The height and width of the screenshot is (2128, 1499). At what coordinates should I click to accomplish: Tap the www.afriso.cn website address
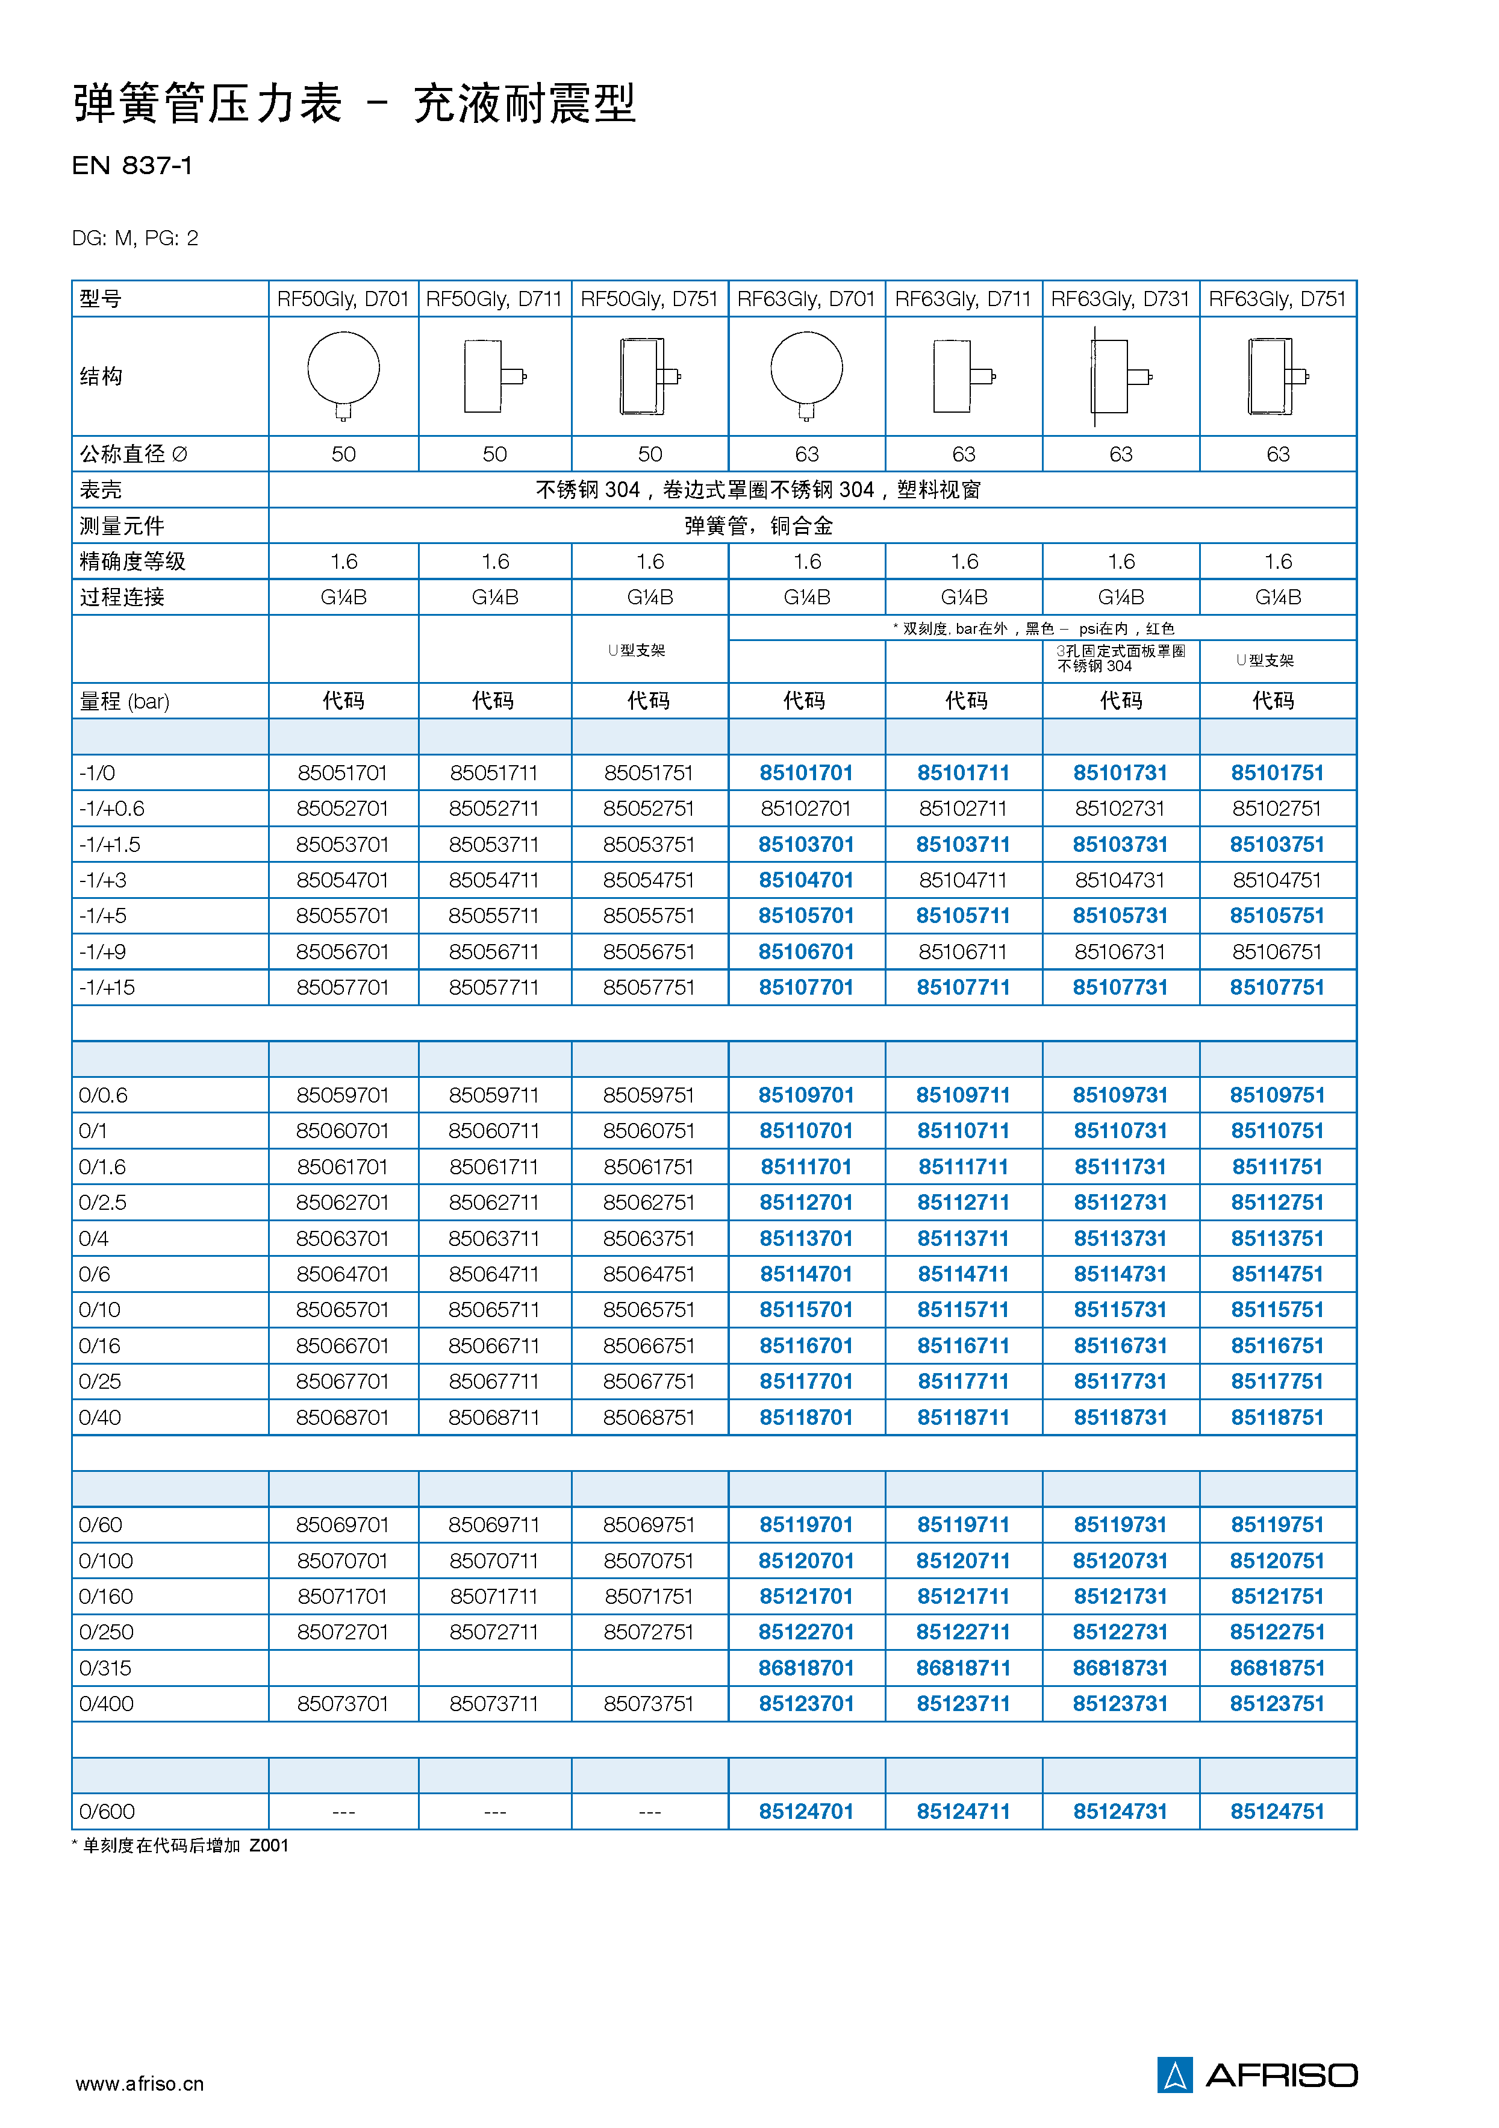140,2085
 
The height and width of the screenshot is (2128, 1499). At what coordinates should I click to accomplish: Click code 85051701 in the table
343,773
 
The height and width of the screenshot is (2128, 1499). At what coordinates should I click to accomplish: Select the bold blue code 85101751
1277,773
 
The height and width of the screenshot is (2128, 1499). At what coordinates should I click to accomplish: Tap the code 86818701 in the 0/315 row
806,1668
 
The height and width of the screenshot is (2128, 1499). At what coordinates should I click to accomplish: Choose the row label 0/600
107,1811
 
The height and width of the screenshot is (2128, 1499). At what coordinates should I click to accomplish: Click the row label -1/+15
107,988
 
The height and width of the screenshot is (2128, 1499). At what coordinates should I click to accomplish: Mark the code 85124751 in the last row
1277,1811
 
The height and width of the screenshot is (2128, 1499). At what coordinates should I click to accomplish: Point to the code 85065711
494,1310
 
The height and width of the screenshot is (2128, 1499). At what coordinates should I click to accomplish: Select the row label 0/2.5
103,1203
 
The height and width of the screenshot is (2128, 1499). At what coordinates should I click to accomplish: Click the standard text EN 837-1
132,166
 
